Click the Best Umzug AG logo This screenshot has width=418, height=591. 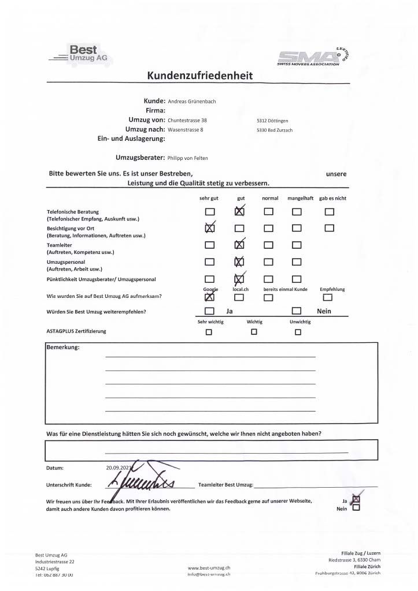tap(80, 53)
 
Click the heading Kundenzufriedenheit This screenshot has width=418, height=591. tap(199, 76)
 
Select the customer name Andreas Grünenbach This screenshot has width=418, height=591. tap(192, 100)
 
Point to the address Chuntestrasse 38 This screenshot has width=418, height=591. tap(187, 120)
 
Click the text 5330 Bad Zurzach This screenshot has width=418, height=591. tap(275, 130)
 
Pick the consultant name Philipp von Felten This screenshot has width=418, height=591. tap(187, 158)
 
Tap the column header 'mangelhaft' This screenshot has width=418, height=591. tap(300, 198)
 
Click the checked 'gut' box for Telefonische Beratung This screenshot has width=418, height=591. tap(240, 212)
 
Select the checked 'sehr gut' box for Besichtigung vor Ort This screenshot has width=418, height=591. tap(209, 228)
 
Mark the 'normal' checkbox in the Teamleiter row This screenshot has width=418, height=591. tap(269, 245)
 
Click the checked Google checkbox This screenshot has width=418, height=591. tap(209, 297)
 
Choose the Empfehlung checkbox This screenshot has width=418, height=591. tap(328, 298)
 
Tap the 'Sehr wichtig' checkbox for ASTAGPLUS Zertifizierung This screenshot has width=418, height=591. tap(209, 332)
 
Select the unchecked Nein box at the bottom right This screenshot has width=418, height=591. tap(356, 508)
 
